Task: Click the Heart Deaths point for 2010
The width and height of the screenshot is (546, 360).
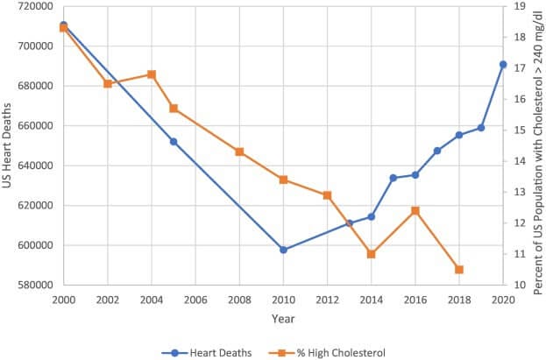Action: click(283, 250)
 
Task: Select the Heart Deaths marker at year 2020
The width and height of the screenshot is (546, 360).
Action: click(503, 64)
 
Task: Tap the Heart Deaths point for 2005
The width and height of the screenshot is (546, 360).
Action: click(174, 141)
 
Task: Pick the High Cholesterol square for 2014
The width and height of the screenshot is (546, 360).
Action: click(371, 254)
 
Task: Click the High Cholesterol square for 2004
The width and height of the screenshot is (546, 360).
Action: click(152, 74)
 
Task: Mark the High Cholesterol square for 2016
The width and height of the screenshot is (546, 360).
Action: click(415, 210)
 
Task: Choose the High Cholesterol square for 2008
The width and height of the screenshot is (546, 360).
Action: click(239, 152)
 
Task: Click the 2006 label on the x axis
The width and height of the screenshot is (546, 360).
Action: click(195, 299)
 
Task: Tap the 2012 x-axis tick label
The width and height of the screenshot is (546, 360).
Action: click(327, 299)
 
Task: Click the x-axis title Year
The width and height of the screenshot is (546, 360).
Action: click(282, 317)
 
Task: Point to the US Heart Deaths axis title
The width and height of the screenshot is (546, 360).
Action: click(8, 145)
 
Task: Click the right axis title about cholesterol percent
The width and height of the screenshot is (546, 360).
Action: click(537, 145)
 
